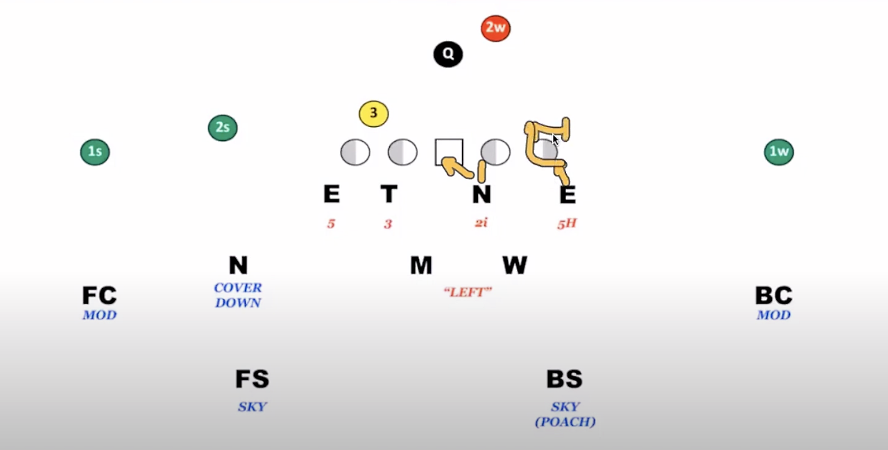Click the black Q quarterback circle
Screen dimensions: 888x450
pyautogui.click(x=448, y=54)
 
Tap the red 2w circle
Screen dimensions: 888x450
pyautogui.click(x=495, y=28)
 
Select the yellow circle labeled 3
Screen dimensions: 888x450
pyautogui.click(x=373, y=114)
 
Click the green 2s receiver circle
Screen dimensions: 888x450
pyautogui.click(x=223, y=128)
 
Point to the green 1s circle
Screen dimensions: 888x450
pyautogui.click(x=95, y=152)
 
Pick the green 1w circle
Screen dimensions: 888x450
pyautogui.click(x=778, y=152)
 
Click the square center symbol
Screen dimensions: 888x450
pyautogui.click(x=448, y=152)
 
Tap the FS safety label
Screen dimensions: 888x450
pyautogui.click(x=252, y=379)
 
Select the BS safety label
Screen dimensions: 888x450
pyautogui.click(x=564, y=379)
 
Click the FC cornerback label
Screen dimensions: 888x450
pyautogui.click(x=99, y=296)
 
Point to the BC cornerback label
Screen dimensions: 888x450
pyautogui.click(x=774, y=296)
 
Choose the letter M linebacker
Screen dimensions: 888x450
pyautogui.click(x=421, y=265)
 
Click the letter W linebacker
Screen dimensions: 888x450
pyautogui.click(x=515, y=265)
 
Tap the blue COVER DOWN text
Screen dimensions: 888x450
pyautogui.click(x=238, y=295)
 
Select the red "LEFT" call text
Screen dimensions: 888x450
pyautogui.click(x=468, y=292)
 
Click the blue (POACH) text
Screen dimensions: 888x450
pyautogui.click(x=565, y=422)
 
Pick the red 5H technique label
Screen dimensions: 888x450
pyautogui.click(x=567, y=224)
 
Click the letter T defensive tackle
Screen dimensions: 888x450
pyautogui.click(x=388, y=195)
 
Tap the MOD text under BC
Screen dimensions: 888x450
pyautogui.click(x=774, y=315)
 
